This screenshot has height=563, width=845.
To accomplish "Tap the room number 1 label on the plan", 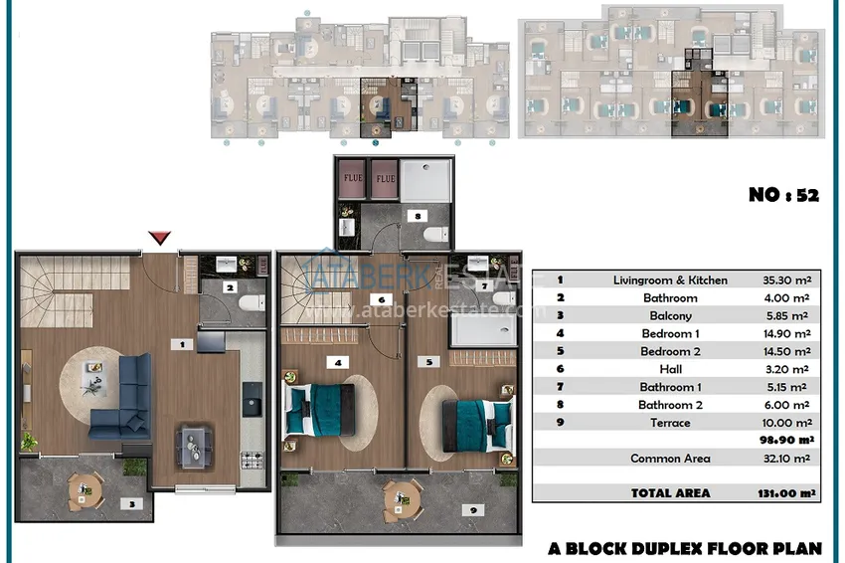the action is [182, 344].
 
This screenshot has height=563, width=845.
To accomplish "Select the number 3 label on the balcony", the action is [131, 504].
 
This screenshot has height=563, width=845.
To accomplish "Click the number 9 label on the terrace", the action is [473, 509].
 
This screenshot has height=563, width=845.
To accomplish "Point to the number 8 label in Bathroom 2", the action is [418, 216].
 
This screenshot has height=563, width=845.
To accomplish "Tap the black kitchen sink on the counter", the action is [252, 399].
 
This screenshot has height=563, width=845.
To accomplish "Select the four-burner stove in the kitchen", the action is [252, 460].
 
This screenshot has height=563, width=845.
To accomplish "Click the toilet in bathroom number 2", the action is [252, 302].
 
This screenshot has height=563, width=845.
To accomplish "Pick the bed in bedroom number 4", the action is [319, 410].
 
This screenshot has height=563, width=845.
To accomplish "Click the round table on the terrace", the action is [402, 501].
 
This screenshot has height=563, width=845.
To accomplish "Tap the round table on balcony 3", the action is [85, 490].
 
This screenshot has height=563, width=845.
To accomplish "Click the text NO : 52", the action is [783, 195].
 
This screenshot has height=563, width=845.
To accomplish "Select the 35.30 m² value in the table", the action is [786, 280].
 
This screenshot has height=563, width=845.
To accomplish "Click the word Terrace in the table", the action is [670, 422].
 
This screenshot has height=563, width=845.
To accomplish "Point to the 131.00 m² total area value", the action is [786, 493].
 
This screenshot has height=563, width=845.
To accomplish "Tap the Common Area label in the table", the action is [670, 459].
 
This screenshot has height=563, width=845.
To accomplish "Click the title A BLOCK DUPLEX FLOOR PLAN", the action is [685, 549].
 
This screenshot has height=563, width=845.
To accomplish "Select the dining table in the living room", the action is [194, 447].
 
